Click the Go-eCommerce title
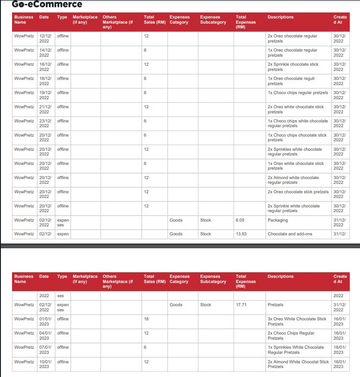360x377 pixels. [x=47, y=5]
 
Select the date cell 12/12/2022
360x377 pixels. [x=45, y=38]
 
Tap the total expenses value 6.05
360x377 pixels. [x=240, y=220]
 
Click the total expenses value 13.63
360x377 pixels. [x=241, y=234]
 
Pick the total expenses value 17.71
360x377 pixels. [x=241, y=305]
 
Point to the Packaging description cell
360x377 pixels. [x=278, y=220]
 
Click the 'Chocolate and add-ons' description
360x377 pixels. [x=290, y=234]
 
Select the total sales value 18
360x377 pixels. [x=147, y=319]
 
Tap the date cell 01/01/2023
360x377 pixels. [x=45, y=322]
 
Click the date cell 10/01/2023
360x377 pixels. [x=45, y=364]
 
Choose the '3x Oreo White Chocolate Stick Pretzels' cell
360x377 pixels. [x=297, y=322]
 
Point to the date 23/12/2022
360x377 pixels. [x=45, y=123]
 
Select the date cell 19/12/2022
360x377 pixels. [x=45, y=95]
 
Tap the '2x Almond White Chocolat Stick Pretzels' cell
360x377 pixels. [x=298, y=364]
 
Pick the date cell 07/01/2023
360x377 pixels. [x=45, y=350]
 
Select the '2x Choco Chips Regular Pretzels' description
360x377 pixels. [x=291, y=335]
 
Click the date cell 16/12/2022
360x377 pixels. [x=45, y=67]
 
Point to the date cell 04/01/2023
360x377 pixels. [x=45, y=335]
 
